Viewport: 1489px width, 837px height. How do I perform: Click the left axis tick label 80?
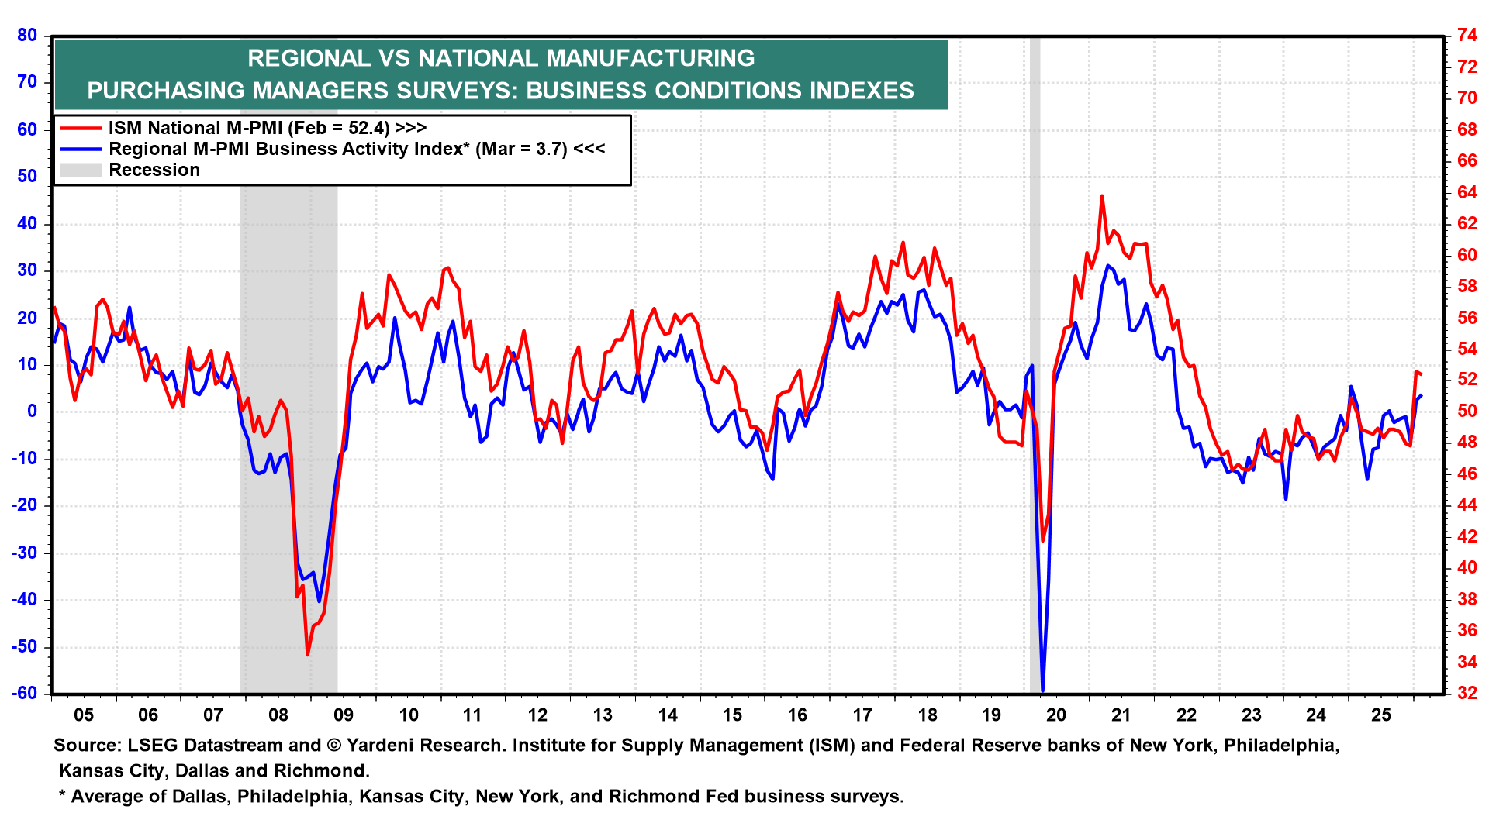[27, 35]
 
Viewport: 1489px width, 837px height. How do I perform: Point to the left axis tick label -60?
[24, 693]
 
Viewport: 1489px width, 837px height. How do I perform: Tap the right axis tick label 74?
[1467, 35]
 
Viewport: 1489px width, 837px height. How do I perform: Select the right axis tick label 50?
[1467, 411]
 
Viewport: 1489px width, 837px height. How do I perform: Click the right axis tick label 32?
[1467, 693]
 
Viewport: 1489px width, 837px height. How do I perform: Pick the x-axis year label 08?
[278, 715]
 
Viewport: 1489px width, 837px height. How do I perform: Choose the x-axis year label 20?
[1056, 715]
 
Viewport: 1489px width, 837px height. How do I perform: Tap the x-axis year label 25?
[1381, 715]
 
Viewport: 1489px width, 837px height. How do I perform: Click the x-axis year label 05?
[84, 715]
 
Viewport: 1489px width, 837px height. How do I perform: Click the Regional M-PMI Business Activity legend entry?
[357, 149]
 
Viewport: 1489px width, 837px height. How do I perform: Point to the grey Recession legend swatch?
[81, 170]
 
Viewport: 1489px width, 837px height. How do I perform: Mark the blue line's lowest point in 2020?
[1043, 690]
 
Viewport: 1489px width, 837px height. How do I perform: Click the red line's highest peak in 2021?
[1102, 196]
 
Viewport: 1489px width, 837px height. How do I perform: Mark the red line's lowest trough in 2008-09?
[308, 655]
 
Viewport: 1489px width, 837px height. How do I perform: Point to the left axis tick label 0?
[32, 411]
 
